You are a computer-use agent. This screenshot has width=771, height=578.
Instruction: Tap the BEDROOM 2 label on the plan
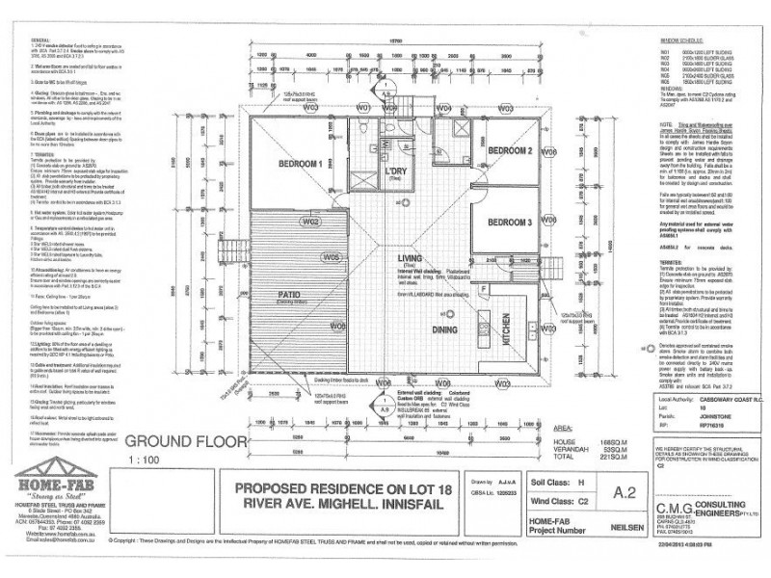(510, 152)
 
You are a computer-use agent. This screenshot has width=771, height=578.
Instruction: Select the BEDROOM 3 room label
(510, 223)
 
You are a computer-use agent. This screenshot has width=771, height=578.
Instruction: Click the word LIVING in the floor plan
(415, 257)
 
